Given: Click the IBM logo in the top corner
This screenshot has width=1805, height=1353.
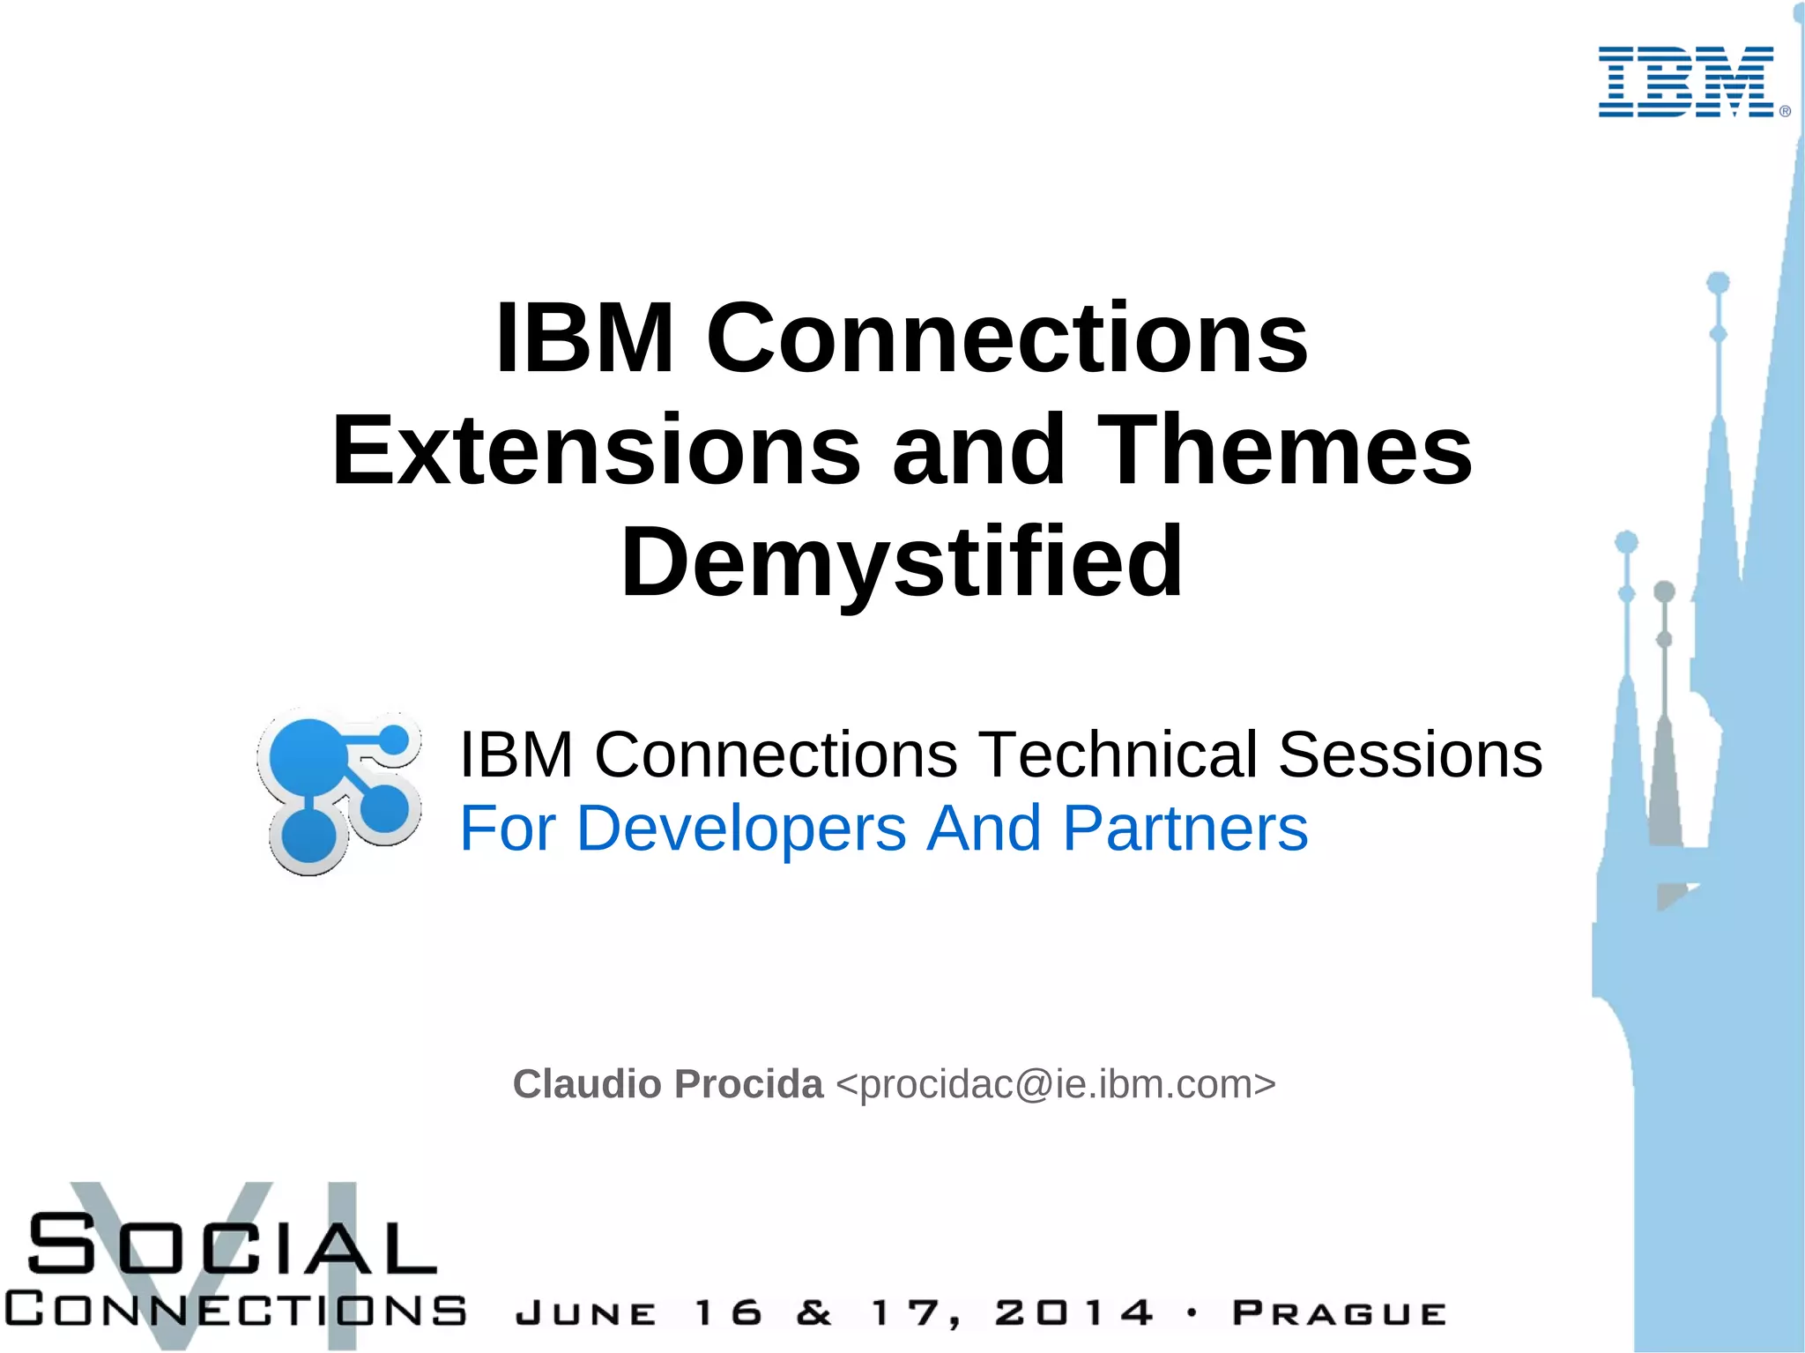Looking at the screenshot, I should point(1685,82).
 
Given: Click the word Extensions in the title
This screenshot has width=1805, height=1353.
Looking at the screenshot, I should point(596,450).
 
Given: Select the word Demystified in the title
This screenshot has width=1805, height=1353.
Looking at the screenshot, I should point(902,562).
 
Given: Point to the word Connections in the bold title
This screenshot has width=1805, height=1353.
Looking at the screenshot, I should point(1006,338).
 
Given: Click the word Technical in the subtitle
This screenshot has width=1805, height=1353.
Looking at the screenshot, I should point(1117,755).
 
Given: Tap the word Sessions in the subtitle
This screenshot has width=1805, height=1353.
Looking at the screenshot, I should point(1409,755).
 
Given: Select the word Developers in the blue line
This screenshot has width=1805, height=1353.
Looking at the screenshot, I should point(740,829).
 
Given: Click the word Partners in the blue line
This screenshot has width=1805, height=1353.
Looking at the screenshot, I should point(1185,829).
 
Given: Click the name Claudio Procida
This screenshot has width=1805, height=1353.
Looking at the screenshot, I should point(667,1084).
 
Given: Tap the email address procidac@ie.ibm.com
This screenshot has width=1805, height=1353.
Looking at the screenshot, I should point(1055,1084).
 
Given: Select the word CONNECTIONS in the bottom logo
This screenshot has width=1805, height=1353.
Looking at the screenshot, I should point(234,1310).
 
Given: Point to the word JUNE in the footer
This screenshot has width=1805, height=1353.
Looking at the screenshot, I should point(585,1314).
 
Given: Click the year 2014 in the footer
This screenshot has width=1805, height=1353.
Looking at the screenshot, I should point(1073,1313).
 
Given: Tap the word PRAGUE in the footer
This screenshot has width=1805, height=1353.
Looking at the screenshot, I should point(1338,1313).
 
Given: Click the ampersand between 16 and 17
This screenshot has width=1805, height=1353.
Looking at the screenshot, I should point(813,1313).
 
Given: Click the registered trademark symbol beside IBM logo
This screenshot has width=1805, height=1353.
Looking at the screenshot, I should point(1785,111).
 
